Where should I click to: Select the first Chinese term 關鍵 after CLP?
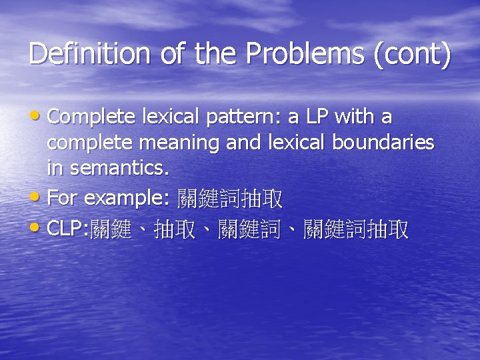(111, 230)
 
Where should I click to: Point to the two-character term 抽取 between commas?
(174, 230)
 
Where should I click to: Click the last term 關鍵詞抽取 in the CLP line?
(355, 230)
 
